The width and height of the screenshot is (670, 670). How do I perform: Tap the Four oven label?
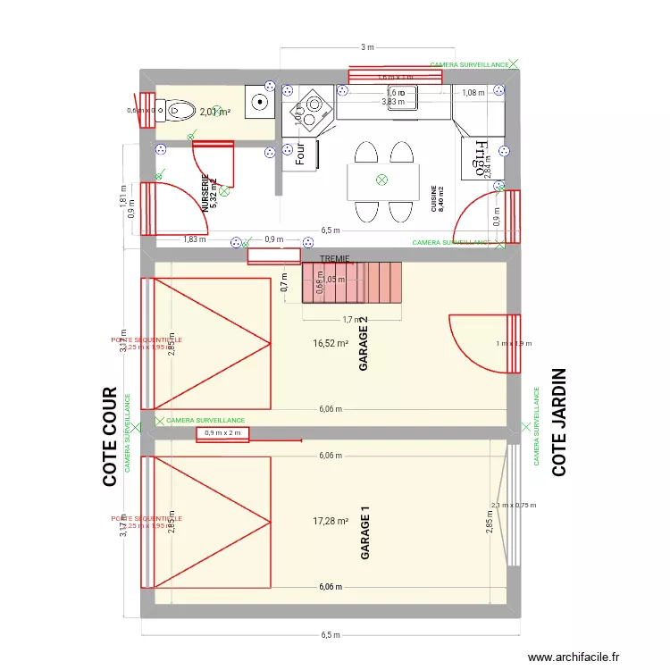299,154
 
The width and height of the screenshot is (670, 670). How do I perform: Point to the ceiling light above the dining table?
381,180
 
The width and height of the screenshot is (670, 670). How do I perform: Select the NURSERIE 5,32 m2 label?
209,193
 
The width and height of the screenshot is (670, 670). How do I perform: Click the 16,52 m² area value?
330,343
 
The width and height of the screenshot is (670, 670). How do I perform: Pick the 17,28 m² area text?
330,521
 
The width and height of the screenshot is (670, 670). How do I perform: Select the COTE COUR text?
111,436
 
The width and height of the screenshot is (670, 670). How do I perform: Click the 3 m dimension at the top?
366,47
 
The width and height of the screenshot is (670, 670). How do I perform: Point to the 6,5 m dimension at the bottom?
331,635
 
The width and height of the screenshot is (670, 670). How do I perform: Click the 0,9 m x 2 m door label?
222,433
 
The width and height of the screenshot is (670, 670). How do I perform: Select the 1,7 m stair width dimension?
350,319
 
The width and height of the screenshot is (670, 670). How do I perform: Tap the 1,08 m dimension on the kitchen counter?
472,92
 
